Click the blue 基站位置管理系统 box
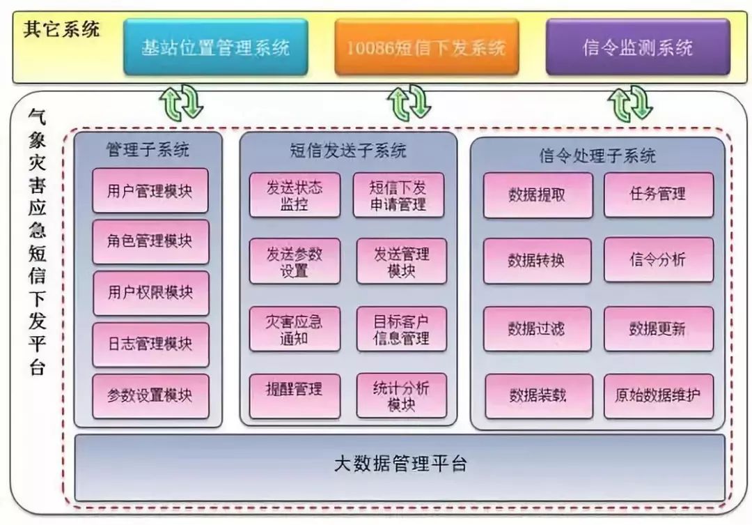(215, 47)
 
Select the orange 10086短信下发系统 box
(426, 47)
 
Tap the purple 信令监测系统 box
(638, 47)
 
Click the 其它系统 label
(61, 30)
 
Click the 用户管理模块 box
(150, 191)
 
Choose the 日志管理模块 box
(150, 344)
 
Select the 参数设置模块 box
(150, 396)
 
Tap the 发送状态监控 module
(295, 195)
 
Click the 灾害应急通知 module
(295, 329)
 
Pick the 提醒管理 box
(295, 396)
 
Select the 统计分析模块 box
(402, 396)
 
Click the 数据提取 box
(538, 195)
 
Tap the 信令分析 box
(659, 260)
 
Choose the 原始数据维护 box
(659, 396)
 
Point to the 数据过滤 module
(537, 329)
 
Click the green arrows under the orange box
(409, 102)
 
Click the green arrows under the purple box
(630, 102)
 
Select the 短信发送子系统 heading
(349, 151)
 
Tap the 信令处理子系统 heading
(597, 155)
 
